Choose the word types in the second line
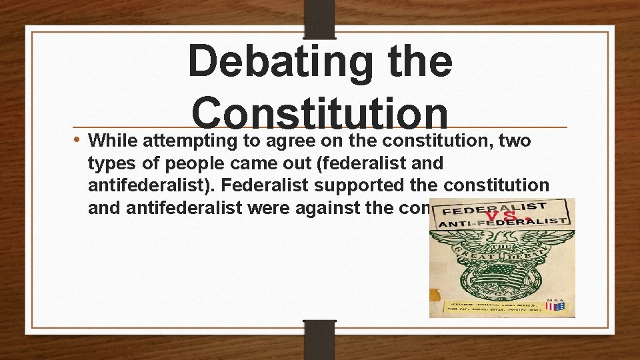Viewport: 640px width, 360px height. pyautogui.click(x=109, y=164)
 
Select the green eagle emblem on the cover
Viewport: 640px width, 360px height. pyautogui.click(x=501, y=267)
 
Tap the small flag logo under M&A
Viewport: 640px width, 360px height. pyautogui.click(x=555, y=306)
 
